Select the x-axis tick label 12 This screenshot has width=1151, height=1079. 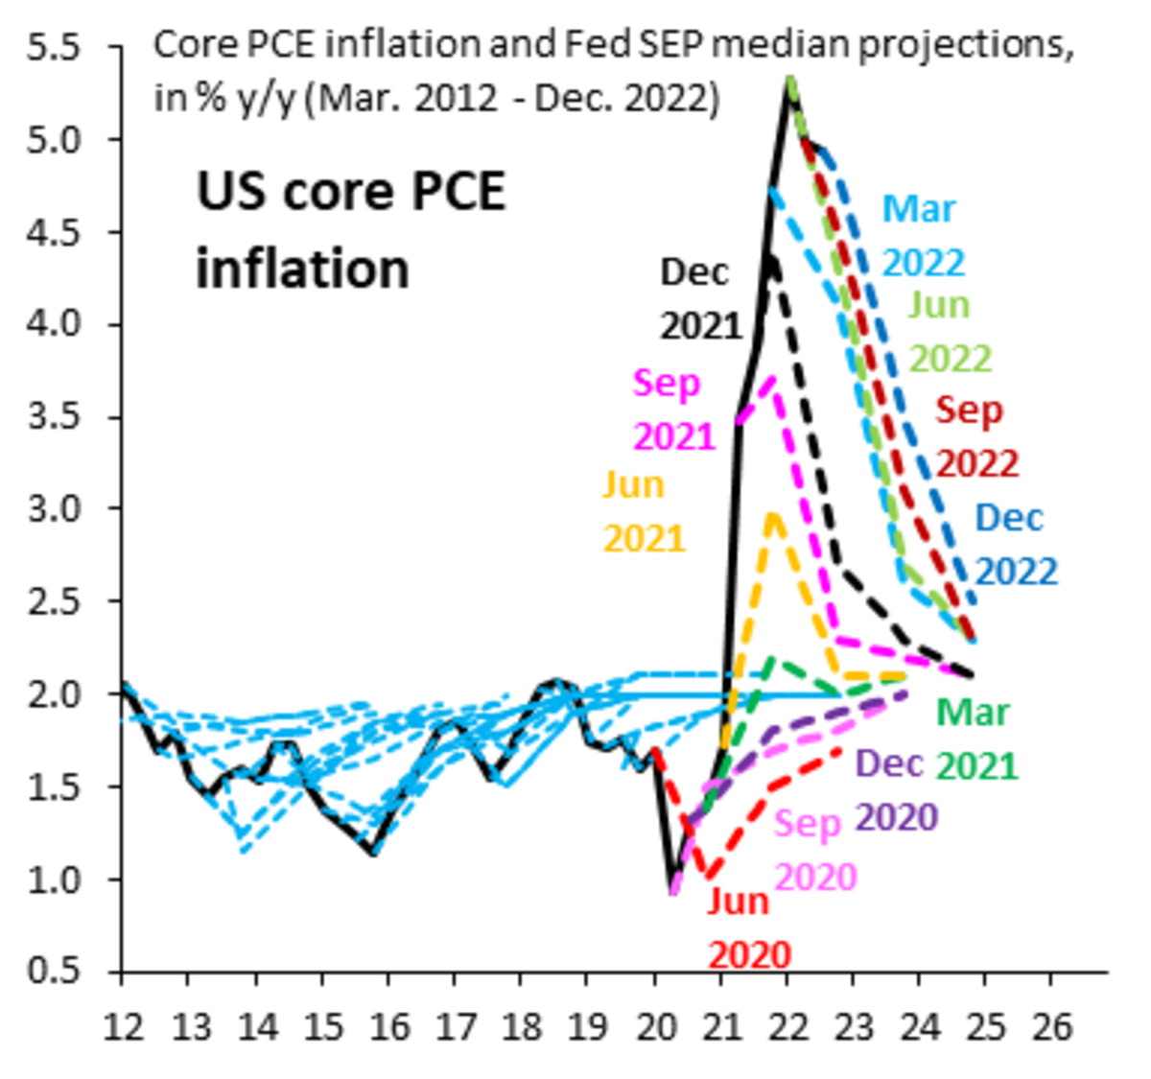pos(123,1026)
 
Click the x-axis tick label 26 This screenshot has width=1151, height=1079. pos(1051,1026)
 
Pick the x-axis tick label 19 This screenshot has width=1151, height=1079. pos(587,1026)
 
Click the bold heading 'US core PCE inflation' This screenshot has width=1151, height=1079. pos(350,230)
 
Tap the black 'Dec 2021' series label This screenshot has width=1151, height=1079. pos(700,299)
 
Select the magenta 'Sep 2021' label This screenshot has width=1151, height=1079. pos(673,410)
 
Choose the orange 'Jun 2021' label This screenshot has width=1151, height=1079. pos(644,511)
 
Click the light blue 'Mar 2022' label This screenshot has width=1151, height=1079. pos(923,235)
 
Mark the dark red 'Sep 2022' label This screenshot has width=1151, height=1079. pos(975,436)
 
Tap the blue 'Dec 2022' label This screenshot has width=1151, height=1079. pos(1016,544)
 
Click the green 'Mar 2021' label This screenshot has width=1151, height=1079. pos(975,739)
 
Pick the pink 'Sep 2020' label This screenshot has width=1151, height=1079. pos(813,850)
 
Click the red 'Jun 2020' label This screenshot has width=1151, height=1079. pos(748,927)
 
